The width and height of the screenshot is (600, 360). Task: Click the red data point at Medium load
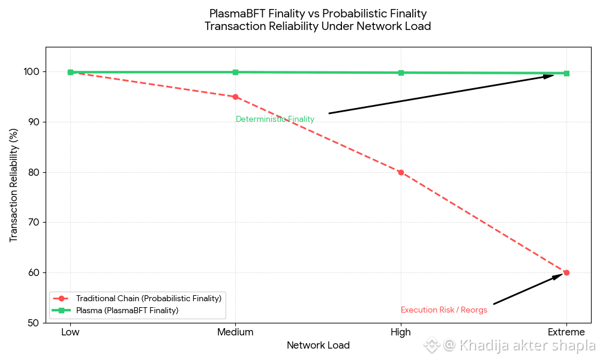(x=235, y=97)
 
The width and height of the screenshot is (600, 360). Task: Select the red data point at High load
(x=401, y=172)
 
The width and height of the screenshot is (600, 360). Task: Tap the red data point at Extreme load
(x=566, y=272)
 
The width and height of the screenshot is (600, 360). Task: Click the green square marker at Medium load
(x=235, y=72)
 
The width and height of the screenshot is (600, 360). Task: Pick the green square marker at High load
(x=401, y=73)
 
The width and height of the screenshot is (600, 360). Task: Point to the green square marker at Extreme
(x=566, y=73)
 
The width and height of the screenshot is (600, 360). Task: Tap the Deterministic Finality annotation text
(x=275, y=119)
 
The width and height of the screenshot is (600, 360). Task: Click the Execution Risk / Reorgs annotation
(x=444, y=310)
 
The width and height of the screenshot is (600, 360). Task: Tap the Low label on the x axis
(x=70, y=332)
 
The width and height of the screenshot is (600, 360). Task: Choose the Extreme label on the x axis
(x=566, y=332)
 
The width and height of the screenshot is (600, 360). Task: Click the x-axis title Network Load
(x=318, y=346)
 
